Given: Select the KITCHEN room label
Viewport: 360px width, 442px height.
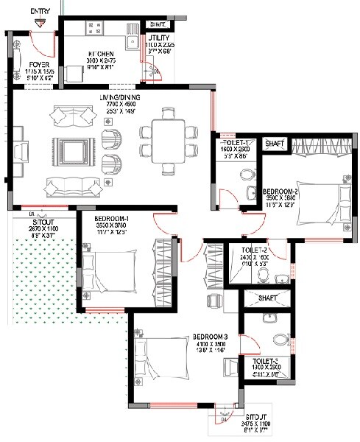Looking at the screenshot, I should coord(100,55).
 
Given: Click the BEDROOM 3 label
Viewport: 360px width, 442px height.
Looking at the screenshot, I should coord(212,337).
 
